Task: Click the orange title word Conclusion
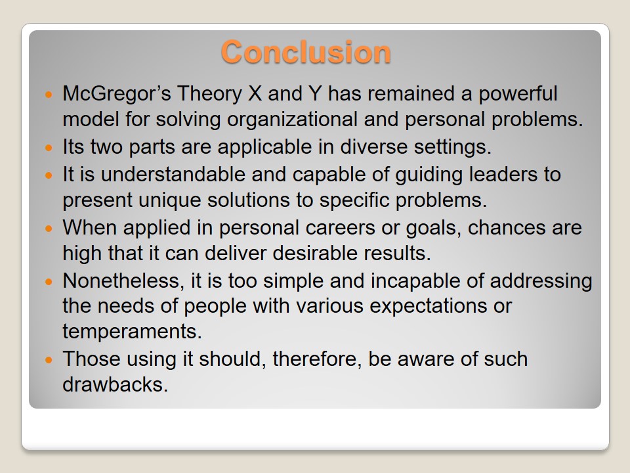[x=306, y=52]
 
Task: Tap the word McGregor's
[x=117, y=94]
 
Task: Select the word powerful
[x=518, y=94]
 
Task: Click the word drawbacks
[x=115, y=384]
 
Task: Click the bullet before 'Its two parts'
[x=49, y=148]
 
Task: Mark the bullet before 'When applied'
[x=49, y=229]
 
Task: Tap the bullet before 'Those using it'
[x=49, y=359]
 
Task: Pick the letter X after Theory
[x=255, y=94]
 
